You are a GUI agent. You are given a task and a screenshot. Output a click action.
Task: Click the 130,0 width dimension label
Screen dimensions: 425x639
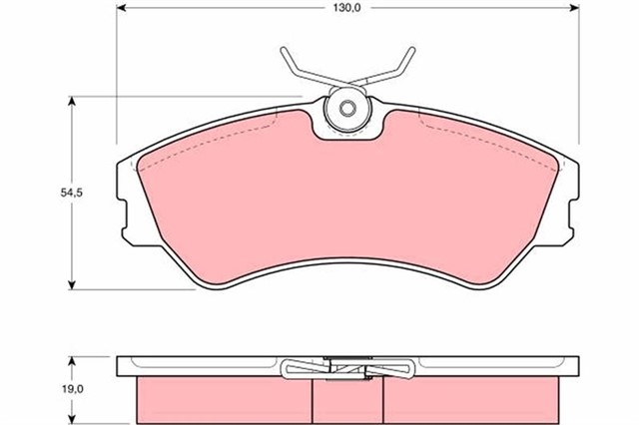346,11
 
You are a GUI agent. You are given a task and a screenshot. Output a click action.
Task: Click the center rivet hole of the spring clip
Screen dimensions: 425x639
348,109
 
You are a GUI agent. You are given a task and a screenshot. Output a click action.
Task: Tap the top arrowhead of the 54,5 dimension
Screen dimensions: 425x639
73,101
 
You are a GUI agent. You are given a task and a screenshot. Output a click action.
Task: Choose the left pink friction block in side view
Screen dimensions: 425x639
225,399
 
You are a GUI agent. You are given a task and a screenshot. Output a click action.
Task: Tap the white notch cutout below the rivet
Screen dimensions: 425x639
348,128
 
